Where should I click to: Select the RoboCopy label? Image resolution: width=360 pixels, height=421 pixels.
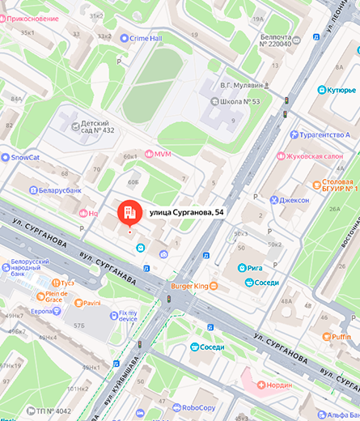(197, 409)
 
